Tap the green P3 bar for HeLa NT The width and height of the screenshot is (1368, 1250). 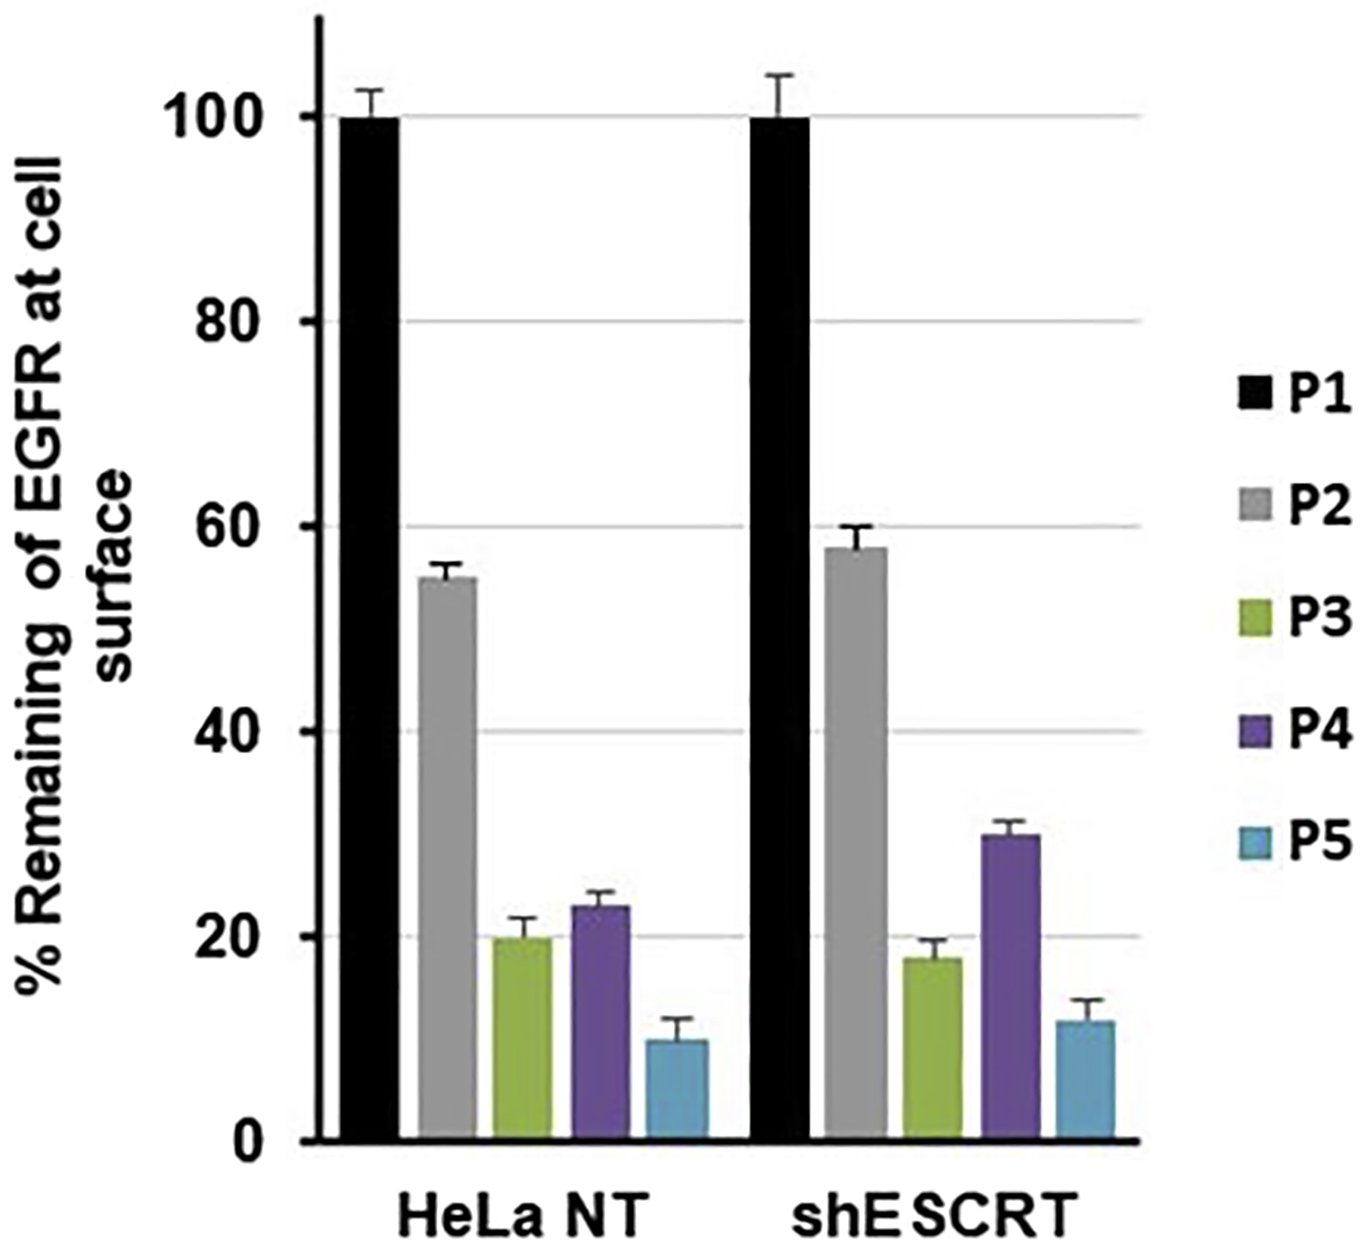point(523,1038)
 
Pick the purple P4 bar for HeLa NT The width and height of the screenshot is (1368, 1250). point(600,1022)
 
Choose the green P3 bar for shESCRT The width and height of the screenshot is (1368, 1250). point(932,1048)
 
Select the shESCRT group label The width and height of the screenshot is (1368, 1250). point(934,1215)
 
